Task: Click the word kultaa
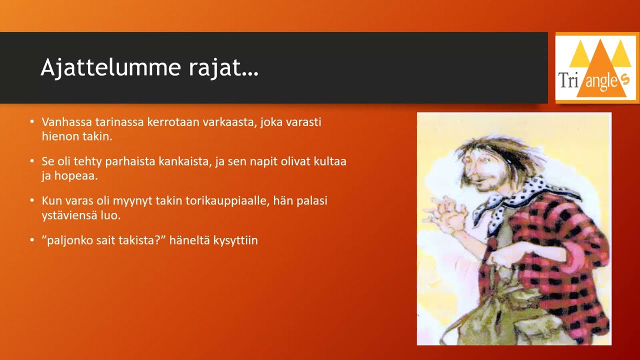pyautogui.click(x=330, y=162)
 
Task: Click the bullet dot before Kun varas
pyautogui.click(x=32, y=201)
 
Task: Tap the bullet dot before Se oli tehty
pyautogui.click(x=32, y=162)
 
